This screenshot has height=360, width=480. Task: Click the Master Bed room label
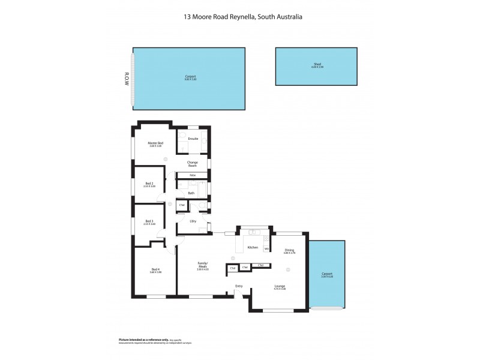(x=156, y=143)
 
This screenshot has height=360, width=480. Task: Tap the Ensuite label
(x=193, y=139)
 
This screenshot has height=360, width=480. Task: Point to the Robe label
(x=193, y=175)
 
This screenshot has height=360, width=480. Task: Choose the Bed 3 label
(x=149, y=221)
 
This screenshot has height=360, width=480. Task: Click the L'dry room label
(x=193, y=221)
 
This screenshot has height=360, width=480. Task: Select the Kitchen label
(x=253, y=247)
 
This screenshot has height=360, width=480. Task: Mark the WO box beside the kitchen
(x=266, y=249)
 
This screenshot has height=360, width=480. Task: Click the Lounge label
(x=280, y=287)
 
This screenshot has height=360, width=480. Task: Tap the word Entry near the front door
(x=239, y=286)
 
